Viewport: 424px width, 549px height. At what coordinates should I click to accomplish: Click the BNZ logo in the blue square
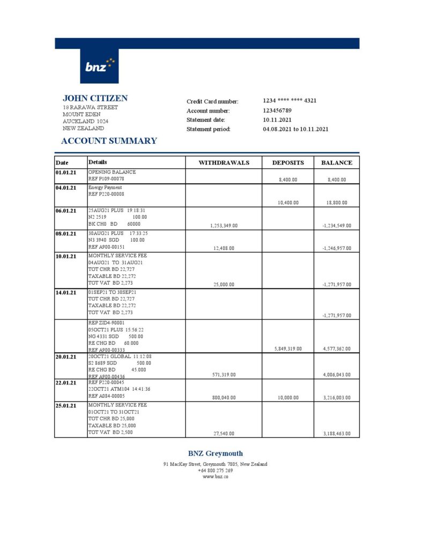coord(99,66)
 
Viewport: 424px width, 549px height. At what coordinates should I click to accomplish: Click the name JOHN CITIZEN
coord(95,98)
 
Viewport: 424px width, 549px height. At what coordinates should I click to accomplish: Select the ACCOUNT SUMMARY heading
coord(109,141)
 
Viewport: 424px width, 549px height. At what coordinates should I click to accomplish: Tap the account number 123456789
coord(277,110)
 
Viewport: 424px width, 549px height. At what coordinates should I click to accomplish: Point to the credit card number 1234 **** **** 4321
coord(289,101)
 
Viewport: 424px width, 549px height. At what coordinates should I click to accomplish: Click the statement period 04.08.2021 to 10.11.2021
coord(295,129)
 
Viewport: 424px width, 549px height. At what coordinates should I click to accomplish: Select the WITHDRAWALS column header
coord(224,162)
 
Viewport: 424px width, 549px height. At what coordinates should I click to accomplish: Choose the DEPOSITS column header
coord(288,162)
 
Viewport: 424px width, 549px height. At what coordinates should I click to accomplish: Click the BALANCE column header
coord(337,162)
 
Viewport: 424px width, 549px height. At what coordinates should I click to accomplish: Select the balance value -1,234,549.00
coord(337,226)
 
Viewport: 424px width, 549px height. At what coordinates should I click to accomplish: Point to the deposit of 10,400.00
coord(288,203)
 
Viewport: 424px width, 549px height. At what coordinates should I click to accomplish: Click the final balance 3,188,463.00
coord(337,433)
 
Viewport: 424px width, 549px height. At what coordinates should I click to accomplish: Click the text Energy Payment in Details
coord(105,188)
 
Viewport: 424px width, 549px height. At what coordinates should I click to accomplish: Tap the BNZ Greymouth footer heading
coord(215,454)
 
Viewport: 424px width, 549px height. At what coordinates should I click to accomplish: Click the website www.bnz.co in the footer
coord(215,477)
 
